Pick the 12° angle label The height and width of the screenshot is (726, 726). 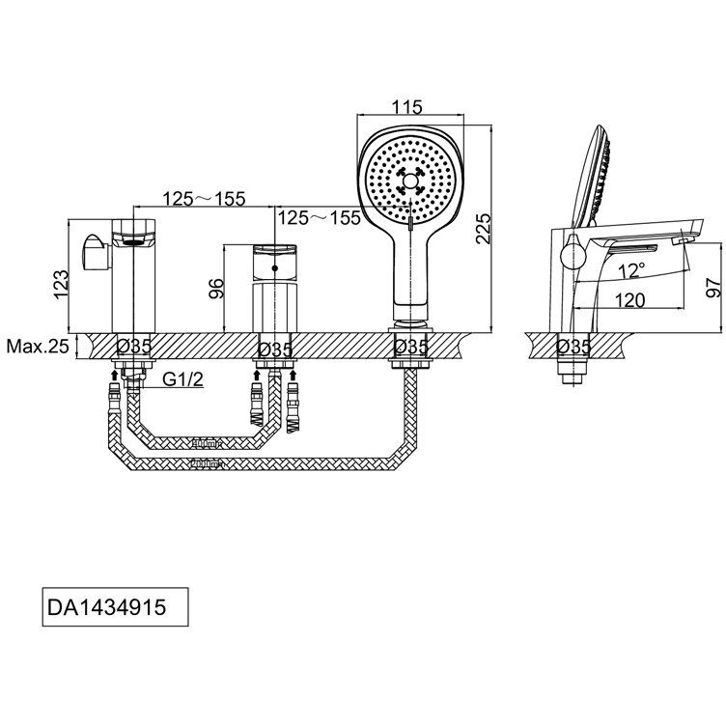click(x=631, y=269)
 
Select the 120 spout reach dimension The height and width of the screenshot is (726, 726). click(x=629, y=299)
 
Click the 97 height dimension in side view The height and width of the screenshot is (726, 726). click(x=712, y=285)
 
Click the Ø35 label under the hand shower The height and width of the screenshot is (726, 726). click(x=411, y=346)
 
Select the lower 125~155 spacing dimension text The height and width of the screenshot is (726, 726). click(x=319, y=217)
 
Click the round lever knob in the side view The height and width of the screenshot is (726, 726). click(x=572, y=256)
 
